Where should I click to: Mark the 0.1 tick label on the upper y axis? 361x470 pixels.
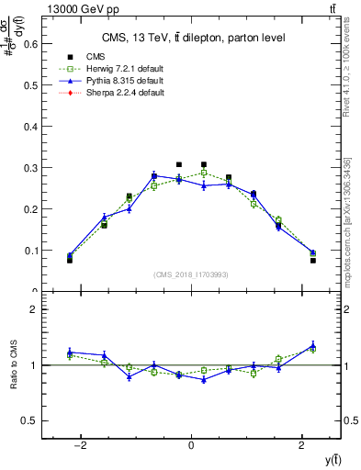click(x=31, y=250)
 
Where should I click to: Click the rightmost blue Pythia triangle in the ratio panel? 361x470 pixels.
click(x=312, y=345)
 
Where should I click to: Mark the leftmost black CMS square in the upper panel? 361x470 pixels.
click(x=70, y=260)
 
